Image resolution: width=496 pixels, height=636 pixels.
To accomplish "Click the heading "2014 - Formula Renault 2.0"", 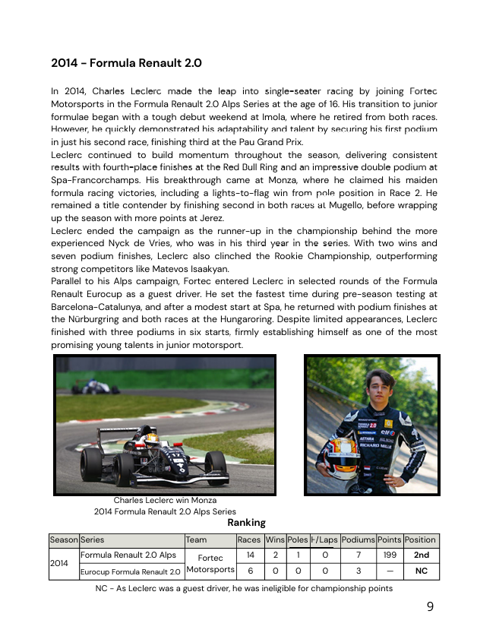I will coord(126,62).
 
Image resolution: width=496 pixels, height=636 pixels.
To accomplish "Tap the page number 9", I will coord(430,606).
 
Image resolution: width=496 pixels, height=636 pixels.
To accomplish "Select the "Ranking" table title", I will coord(246,523).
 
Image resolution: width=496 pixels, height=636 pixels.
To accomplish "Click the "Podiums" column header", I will coord(358,540).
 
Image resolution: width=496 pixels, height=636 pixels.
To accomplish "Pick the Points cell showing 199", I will coord(390,555).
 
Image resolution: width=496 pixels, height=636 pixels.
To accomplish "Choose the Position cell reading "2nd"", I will coord(421,555).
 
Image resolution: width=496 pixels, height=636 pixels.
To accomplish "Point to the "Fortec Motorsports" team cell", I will coord(210,563).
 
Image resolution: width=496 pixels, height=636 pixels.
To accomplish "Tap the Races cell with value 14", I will coord(250,555).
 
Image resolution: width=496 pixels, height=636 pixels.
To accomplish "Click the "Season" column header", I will coord(64,540).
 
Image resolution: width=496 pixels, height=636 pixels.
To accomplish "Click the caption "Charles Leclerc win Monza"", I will coord(165,501).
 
